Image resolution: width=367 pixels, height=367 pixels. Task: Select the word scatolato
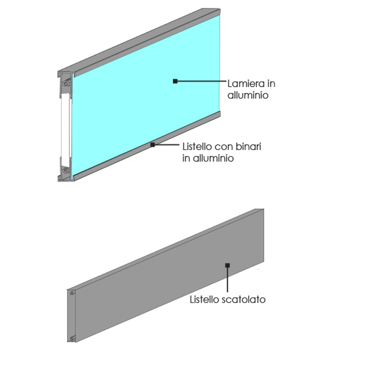[244, 299]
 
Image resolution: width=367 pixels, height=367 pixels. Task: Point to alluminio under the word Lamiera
[248, 95]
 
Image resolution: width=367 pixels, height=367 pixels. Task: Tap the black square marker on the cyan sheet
[175, 81]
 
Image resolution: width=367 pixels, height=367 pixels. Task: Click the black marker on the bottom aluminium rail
[153, 145]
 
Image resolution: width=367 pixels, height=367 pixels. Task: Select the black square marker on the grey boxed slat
[228, 265]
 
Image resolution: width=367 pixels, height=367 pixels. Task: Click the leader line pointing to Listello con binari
[167, 145]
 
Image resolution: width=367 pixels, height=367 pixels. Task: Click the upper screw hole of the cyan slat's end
[66, 84]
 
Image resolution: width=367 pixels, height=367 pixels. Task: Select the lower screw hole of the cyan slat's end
[66, 170]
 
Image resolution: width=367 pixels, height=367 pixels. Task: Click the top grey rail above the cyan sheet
[139, 40]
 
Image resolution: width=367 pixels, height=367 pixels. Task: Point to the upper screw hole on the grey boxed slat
[72, 293]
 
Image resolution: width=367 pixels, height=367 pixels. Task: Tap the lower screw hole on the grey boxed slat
[72, 338]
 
